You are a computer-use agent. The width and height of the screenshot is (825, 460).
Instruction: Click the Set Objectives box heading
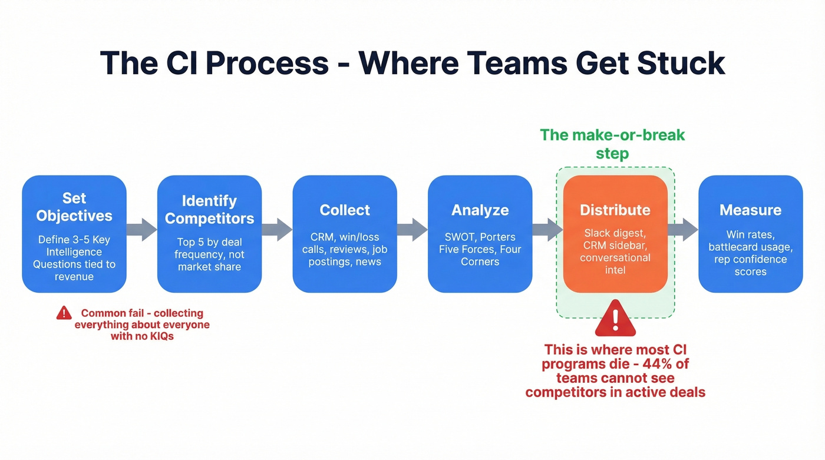(x=74, y=207)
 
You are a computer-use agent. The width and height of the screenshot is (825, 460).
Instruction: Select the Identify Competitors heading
(x=209, y=210)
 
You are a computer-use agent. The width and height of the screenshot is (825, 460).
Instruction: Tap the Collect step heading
(x=345, y=210)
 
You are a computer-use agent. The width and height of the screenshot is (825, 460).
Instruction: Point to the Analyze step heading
(x=480, y=210)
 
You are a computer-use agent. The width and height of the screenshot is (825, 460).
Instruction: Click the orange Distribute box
(x=615, y=234)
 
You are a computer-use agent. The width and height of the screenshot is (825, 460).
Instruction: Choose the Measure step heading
(x=750, y=210)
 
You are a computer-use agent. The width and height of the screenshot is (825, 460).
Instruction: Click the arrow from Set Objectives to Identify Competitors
(x=141, y=230)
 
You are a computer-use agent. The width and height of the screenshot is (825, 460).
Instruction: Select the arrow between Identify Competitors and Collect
(x=277, y=230)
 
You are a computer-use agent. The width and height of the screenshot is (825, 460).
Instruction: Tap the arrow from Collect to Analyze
(x=412, y=230)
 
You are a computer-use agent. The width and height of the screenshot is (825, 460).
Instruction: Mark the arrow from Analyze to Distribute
(x=547, y=230)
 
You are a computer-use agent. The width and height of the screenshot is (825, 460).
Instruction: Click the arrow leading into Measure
(x=682, y=230)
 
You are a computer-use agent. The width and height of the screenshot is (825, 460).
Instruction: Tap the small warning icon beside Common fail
(x=64, y=313)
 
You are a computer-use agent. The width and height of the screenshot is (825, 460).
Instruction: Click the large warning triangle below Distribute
(x=615, y=319)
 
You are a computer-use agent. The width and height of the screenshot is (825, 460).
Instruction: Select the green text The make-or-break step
(x=612, y=144)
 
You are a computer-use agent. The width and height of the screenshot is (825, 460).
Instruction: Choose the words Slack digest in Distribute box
(x=615, y=233)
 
